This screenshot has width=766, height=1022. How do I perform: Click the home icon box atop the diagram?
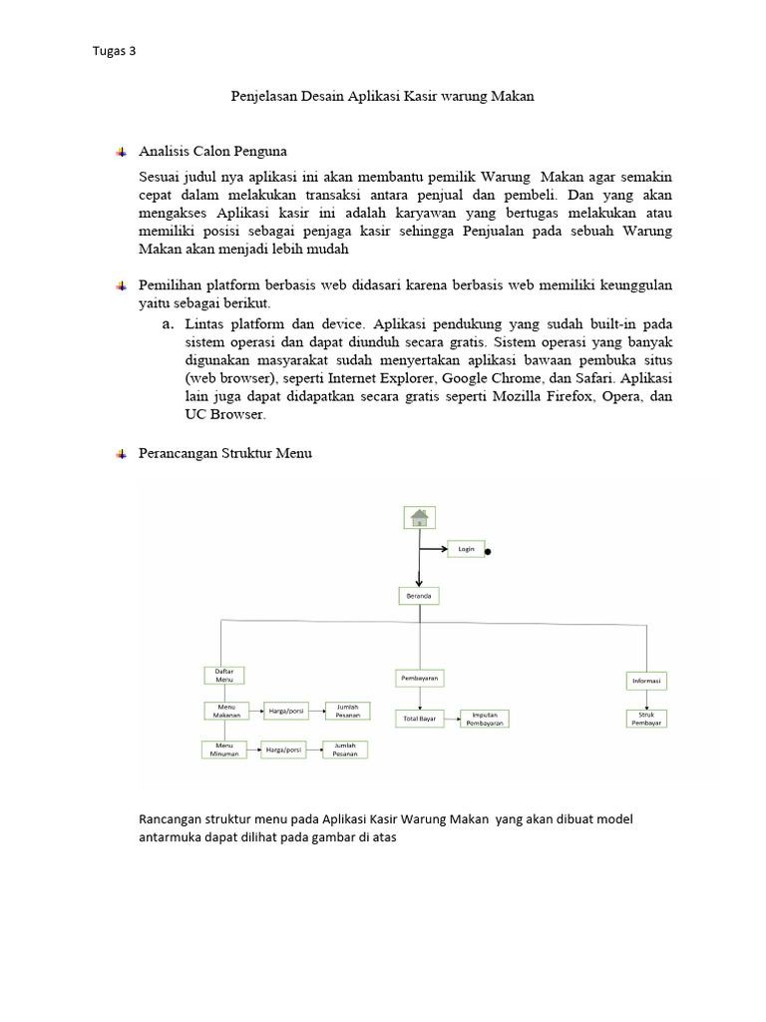click(420, 517)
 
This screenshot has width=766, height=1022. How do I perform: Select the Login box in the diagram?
click(466, 548)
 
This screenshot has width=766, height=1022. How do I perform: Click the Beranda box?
click(419, 595)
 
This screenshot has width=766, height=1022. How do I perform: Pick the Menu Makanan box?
click(226, 711)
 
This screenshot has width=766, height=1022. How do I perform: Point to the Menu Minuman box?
click(222, 749)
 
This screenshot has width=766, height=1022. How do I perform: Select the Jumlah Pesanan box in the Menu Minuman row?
click(345, 750)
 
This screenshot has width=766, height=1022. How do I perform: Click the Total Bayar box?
click(419, 718)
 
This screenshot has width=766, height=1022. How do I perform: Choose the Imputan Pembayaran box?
click(484, 719)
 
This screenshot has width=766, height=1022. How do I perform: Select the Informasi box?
click(646, 681)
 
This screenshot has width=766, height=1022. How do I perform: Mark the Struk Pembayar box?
click(646, 719)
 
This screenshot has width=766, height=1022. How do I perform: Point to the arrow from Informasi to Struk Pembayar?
click(646, 700)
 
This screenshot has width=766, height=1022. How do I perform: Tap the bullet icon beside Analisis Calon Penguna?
click(121, 152)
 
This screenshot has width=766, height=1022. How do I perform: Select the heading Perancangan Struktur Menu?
click(225, 453)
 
